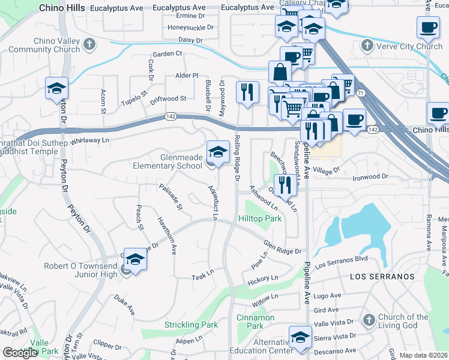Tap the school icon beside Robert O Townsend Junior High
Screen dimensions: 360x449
click(x=136, y=259)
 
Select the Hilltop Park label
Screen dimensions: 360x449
click(x=260, y=219)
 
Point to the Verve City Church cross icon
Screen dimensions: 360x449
click(x=367, y=46)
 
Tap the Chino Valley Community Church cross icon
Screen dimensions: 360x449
click(x=89, y=44)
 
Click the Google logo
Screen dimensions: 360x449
click(x=20, y=353)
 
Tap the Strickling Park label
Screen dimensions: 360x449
click(x=191, y=325)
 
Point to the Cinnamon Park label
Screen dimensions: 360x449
click(x=255, y=322)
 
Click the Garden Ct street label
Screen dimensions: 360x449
click(x=167, y=54)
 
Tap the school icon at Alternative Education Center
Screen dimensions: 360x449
click(x=300, y=337)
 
